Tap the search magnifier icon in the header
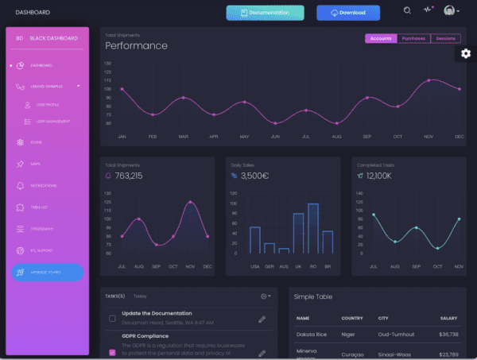pos(407,11)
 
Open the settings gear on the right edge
pos(466,53)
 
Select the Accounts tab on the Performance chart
pos(380,38)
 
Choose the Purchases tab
pos(413,38)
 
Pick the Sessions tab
pos(444,38)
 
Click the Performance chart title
pos(136,46)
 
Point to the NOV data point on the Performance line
pos(429,80)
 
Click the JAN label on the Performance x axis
pos(122,137)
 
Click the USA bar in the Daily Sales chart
pos(255,240)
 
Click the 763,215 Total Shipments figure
pos(128,175)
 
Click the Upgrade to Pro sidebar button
pos(47,273)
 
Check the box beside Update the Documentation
pos(112,319)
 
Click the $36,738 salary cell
pos(448,335)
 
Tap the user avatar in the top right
pos(450,11)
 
